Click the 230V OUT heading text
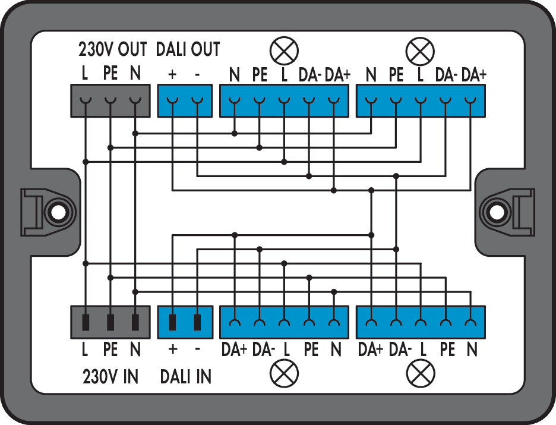click(112, 49)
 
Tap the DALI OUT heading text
click(188, 49)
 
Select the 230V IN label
click(110, 376)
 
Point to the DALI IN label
click(186, 376)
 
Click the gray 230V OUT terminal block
click(110, 100)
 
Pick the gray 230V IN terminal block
click(110, 322)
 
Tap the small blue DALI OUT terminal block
click(185, 100)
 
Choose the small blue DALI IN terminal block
click(185, 322)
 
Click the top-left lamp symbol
click(284, 51)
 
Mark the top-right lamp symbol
click(420, 51)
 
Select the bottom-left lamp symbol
click(284, 373)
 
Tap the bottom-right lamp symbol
click(420, 373)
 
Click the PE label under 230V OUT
click(110, 74)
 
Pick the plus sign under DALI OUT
click(172, 74)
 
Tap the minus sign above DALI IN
click(197, 350)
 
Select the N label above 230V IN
click(135, 350)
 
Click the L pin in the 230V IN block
click(86, 322)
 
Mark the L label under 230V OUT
click(85, 74)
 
